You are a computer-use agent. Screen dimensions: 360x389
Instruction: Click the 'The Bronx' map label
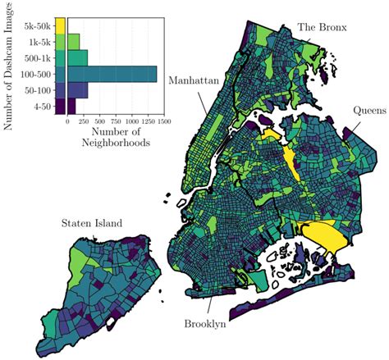[x=322, y=27]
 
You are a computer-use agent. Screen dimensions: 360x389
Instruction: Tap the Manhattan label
[x=194, y=80]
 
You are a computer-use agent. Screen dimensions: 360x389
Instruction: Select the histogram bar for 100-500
[x=112, y=74]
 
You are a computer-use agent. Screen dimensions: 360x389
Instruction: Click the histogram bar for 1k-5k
[x=73, y=41]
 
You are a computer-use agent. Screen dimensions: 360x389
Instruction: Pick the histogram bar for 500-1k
[x=76, y=57]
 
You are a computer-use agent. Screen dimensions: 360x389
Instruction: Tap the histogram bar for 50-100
[x=77, y=89]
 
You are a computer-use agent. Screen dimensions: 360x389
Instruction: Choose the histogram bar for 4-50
[x=71, y=106]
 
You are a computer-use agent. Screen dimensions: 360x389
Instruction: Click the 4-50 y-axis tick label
[x=43, y=106]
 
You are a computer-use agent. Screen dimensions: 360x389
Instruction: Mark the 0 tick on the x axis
[x=67, y=121]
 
